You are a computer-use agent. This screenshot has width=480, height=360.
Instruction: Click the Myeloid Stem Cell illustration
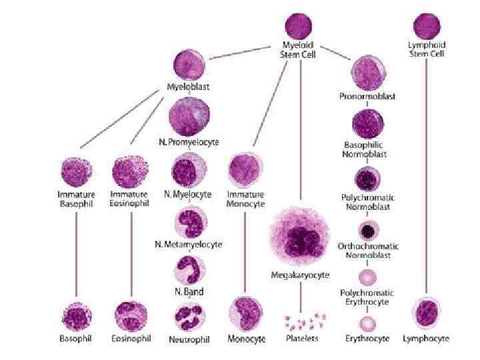[299, 26]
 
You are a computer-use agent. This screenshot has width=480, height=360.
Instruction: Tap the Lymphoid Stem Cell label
[427, 49]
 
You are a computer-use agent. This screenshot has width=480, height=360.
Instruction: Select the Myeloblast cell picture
[189, 65]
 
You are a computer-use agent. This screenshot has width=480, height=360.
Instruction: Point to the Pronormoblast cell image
[367, 71]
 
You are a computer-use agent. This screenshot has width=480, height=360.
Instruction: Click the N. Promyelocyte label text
[189, 142]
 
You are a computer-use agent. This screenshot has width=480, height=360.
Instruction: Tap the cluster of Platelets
[302, 322]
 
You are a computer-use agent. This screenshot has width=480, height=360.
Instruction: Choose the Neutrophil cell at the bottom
[189, 318]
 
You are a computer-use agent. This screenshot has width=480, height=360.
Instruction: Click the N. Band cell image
[189, 271]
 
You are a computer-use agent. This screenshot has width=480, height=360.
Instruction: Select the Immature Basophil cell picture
[76, 173]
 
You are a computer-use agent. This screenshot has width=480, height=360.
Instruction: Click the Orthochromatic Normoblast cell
[367, 231]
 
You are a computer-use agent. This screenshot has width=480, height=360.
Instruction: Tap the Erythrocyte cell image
[367, 325]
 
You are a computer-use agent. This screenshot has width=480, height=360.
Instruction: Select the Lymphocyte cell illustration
[426, 314]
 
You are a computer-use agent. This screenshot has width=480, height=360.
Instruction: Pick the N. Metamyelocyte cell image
[189, 221]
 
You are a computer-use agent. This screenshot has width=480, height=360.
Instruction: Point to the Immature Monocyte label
[246, 199]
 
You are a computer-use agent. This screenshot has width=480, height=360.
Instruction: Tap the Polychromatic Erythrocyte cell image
[367, 277]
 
